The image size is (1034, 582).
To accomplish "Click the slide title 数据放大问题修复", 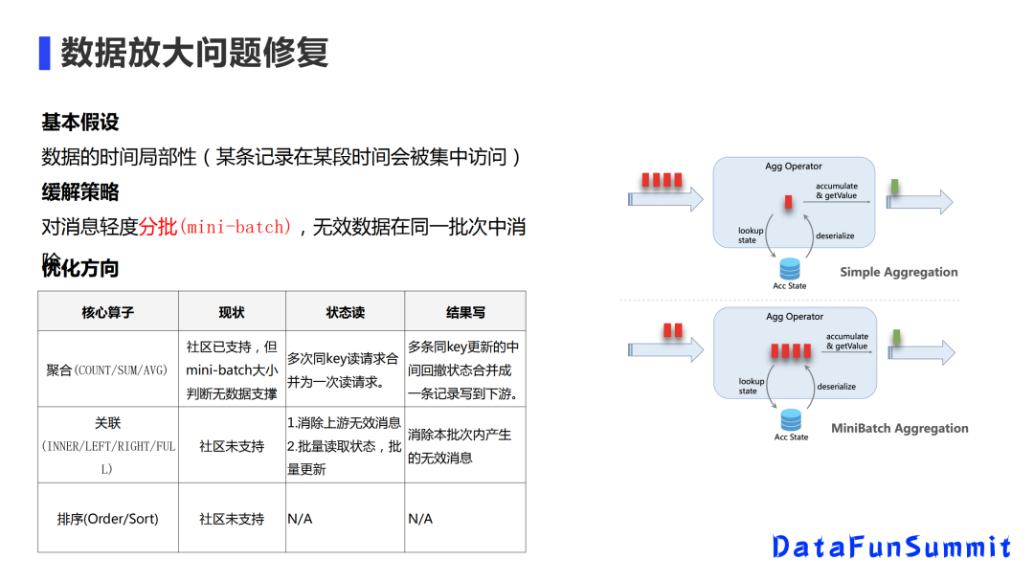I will pyautogui.click(x=194, y=53).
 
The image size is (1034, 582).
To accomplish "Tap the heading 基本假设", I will pyautogui.click(x=80, y=123).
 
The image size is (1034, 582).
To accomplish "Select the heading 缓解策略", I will pyautogui.click(x=80, y=191).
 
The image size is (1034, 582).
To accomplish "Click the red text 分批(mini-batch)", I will pyautogui.click(x=214, y=227).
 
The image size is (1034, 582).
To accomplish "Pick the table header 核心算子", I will pyautogui.click(x=108, y=312).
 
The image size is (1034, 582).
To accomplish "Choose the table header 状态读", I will pyautogui.click(x=345, y=312).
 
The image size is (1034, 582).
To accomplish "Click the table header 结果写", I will pyautogui.click(x=465, y=312).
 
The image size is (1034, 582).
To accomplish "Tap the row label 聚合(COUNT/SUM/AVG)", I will pyautogui.click(x=107, y=369).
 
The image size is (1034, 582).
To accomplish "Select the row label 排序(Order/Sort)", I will pyautogui.click(x=108, y=519).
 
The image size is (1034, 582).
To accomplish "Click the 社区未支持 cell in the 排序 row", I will pyautogui.click(x=232, y=519).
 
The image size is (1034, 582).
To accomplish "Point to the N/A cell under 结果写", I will pyautogui.click(x=420, y=519).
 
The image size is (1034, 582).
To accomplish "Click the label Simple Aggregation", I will pyautogui.click(x=898, y=272).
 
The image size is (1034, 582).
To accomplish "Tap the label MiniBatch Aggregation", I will pyautogui.click(x=899, y=428).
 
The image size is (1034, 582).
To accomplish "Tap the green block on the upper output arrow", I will pyautogui.click(x=893, y=185).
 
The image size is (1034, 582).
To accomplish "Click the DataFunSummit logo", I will pyautogui.click(x=891, y=547).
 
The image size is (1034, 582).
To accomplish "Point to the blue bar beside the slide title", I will pyautogui.click(x=44, y=54).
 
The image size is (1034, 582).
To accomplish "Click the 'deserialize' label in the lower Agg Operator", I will pyautogui.click(x=836, y=387).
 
